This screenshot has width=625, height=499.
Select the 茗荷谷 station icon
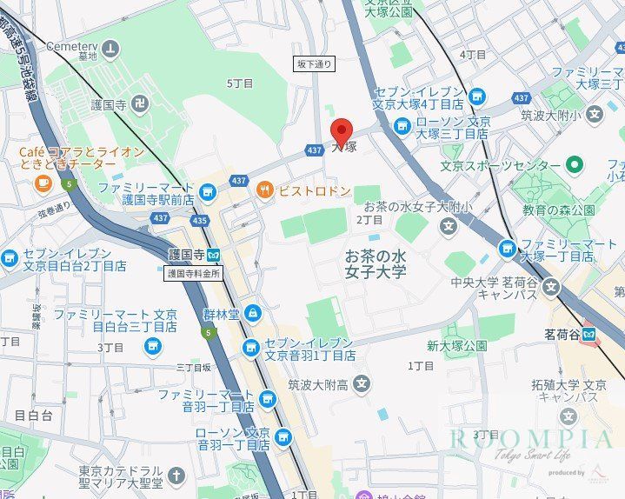tap(589, 332)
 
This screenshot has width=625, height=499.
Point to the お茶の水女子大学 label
tap(376, 264)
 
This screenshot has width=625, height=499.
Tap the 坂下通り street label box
tap(314, 64)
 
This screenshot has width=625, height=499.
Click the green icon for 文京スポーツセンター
tap(574, 164)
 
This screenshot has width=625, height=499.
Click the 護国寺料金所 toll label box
tap(194, 273)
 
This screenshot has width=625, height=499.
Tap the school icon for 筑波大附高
tap(362, 383)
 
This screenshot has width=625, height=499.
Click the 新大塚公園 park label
tap(456, 345)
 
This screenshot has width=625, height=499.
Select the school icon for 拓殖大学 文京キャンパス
tap(568, 416)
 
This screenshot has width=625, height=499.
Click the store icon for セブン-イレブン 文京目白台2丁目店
tap(10, 258)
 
